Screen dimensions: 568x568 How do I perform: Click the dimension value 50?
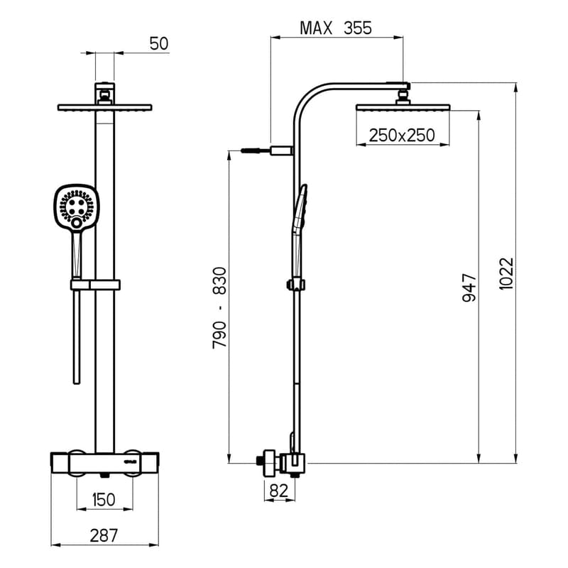[158, 44]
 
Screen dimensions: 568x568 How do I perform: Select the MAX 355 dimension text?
[336, 28]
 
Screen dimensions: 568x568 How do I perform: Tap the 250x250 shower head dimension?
[401, 135]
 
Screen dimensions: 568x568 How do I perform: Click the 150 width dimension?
[104, 500]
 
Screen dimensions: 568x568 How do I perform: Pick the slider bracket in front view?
[96, 285]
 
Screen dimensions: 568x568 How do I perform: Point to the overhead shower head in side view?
[402, 107]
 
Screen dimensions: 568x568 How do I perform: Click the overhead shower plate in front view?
[104, 108]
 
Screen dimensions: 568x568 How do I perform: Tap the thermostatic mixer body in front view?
[104, 461]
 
